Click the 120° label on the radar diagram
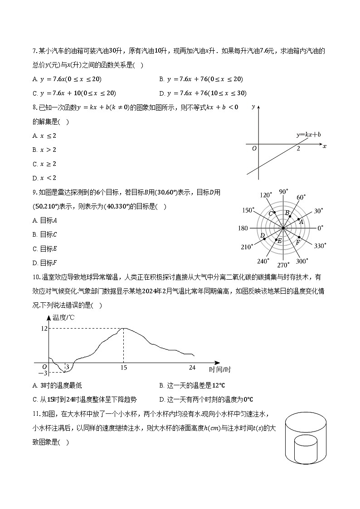[266, 195]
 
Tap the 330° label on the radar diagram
[320, 246]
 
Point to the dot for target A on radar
[298, 219]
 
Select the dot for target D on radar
[264, 239]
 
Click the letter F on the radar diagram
[298, 242]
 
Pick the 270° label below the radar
[283, 265]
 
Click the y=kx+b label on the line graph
[308, 135]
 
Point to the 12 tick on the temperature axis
[44, 328]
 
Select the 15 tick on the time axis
[123, 367]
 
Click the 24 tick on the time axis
[192, 367]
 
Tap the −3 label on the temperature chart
[43, 373]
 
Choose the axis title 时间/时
[220, 370]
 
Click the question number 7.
[34, 51]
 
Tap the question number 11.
[36, 414]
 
